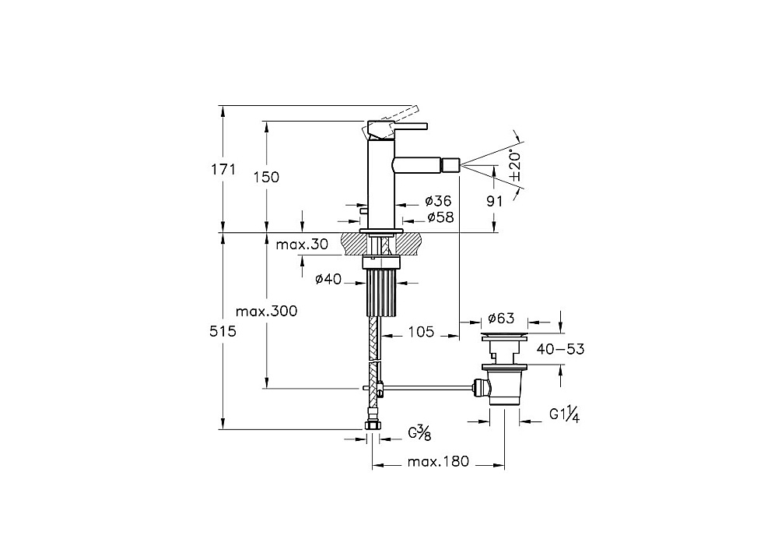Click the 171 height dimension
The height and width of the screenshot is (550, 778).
pyautogui.click(x=223, y=169)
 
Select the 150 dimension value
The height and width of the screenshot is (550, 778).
pyautogui.click(x=266, y=177)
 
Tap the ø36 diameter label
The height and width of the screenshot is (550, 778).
pyautogui.click(x=439, y=201)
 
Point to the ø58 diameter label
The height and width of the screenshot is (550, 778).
pyautogui.click(x=440, y=217)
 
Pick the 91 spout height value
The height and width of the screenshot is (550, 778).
pyautogui.click(x=494, y=201)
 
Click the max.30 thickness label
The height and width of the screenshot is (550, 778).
pyautogui.click(x=302, y=245)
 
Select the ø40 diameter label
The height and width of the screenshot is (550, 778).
pyautogui.click(x=328, y=279)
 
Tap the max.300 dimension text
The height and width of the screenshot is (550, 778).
pyautogui.click(x=266, y=312)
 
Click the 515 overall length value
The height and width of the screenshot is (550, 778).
pyautogui.click(x=223, y=331)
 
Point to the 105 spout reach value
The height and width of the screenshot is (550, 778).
pyautogui.click(x=421, y=331)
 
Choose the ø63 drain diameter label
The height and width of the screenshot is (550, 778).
pyautogui.click(x=501, y=318)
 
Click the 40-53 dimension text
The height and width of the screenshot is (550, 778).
pyautogui.click(x=560, y=349)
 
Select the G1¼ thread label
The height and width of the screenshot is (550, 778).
pyautogui.click(x=564, y=414)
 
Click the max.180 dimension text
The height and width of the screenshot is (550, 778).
pyautogui.click(x=438, y=461)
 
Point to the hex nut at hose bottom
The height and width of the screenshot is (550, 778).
pyautogui.click(x=372, y=425)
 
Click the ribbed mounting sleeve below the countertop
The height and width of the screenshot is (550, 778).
pyautogui.click(x=382, y=293)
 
